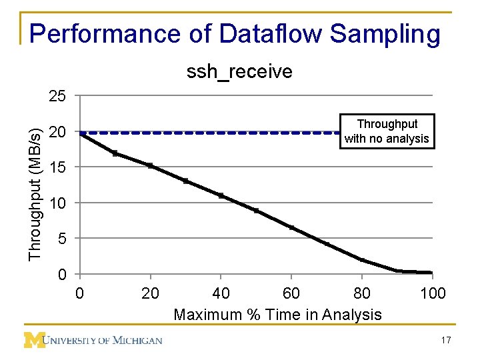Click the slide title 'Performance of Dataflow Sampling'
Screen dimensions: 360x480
pyautogui.click(x=235, y=34)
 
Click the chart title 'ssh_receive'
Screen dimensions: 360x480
pyautogui.click(x=239, y=71)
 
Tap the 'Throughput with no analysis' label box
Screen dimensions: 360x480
pyautogui.click(x=387, y=131)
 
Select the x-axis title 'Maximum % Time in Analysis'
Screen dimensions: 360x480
pyautogui.click(x=277, y=315)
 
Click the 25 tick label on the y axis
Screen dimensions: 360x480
pyautogui.click(x=57, y=97)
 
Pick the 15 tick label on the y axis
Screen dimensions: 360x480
pyautogui.click(x=57, y=167)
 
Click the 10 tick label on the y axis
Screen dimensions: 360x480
pyautogui.click(x=57, y=203)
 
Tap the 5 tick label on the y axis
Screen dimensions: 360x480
pyautogui.click(x=61, y=239)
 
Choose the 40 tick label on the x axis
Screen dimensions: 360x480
pyautogui.click(x=221, y=293)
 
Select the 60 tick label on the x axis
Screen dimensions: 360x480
pyautogui.click(x=291, y=293)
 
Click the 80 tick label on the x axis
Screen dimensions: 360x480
pyautogui.click(x=362, y=293)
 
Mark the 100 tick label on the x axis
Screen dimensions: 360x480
pyautogui.click(x=433, y=293)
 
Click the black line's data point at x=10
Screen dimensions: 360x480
pyautogui.click(x=115, y=153)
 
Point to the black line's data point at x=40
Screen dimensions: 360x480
pyautogui.click(x=221, y=196)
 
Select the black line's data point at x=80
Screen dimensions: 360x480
pyautogui.click(x=362, y=260)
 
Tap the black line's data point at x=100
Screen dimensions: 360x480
pyautogui.click(x=431, y=273)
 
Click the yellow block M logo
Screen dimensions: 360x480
pyautogui.click(x=34, y=340)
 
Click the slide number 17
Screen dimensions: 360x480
pyautogui.click(x=446, y=341)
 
